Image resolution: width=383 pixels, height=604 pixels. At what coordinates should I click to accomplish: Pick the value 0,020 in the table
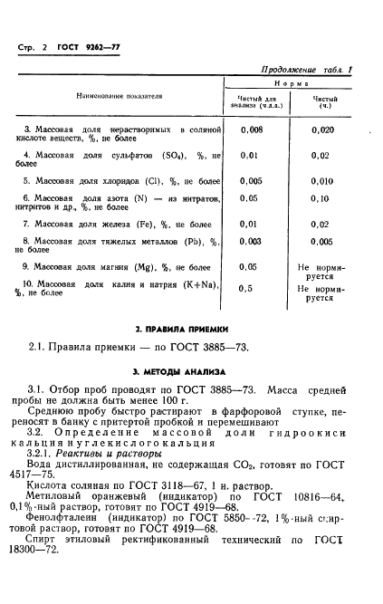pyautogui.click(x=321, y=130)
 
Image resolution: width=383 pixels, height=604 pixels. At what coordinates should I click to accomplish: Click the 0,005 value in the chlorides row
pyautogui.click(x=252, y=181)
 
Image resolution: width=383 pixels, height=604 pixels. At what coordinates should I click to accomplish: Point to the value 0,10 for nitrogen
pyautogui.click(x=321, y=198)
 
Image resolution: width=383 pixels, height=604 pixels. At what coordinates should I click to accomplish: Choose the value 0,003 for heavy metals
pyautogui.click(x=252, y=241)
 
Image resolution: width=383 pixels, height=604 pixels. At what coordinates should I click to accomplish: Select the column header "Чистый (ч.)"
pyautogui.click(x=324, y=99)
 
